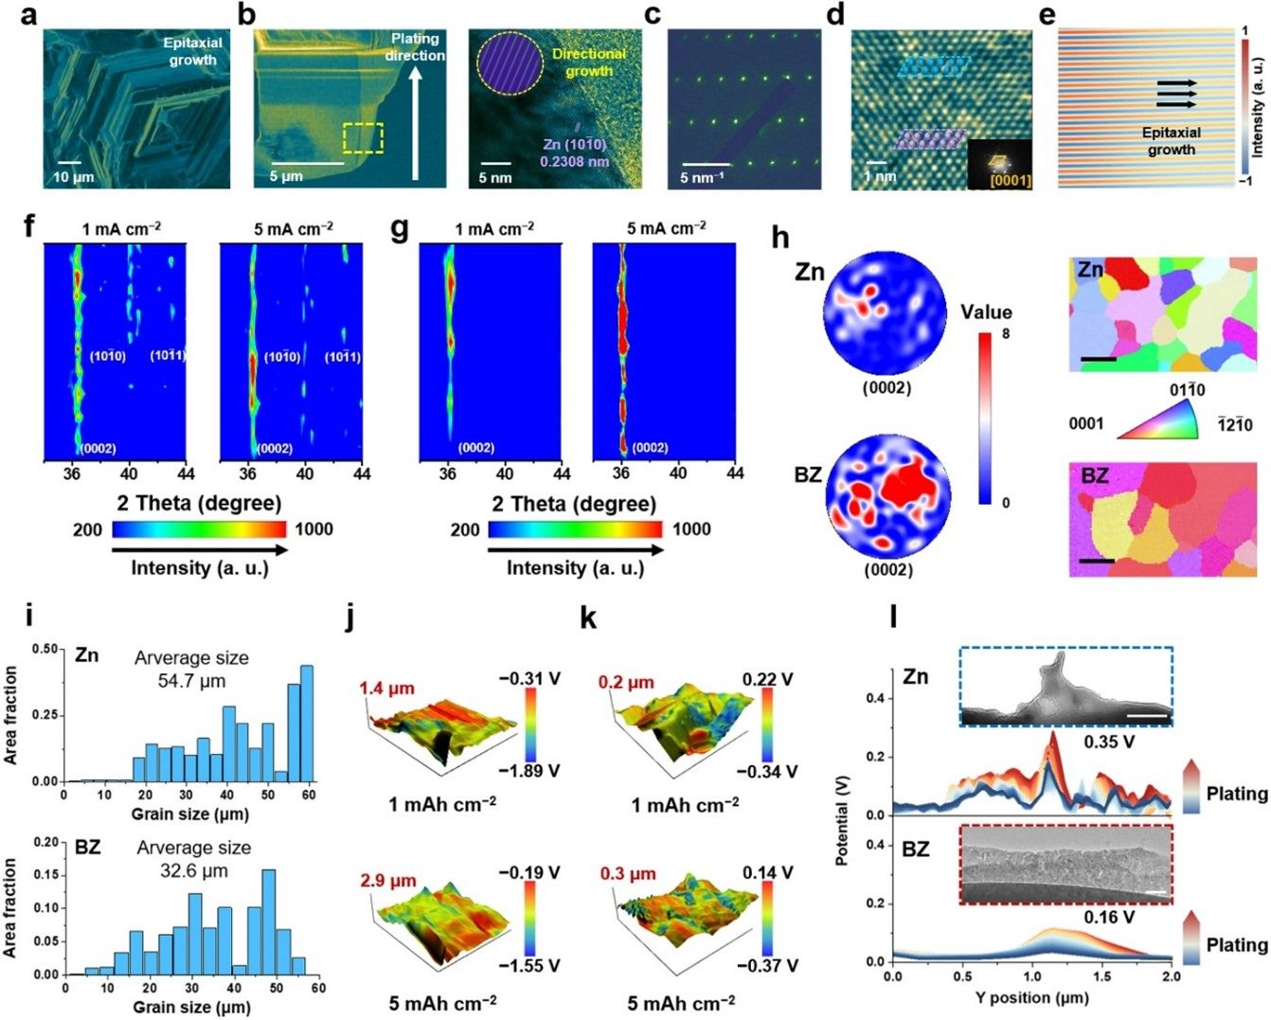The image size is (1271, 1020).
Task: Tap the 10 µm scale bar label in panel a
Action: (x=73, y=178)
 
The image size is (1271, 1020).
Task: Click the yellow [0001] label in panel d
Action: (x=1011, y=180)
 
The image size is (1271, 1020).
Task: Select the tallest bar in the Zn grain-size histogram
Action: (x=307, y=723)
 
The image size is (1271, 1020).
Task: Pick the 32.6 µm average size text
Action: (x=193, y=871)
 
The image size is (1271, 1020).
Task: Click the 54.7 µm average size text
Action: (x=191, y=680)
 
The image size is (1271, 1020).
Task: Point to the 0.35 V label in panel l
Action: (x=1109, y=742)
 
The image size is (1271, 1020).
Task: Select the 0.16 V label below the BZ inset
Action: (x=1109, y=917)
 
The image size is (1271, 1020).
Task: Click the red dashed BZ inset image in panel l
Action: (x=1065, y=865)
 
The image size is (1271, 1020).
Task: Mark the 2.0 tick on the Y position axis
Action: (x=1171, y=976)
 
